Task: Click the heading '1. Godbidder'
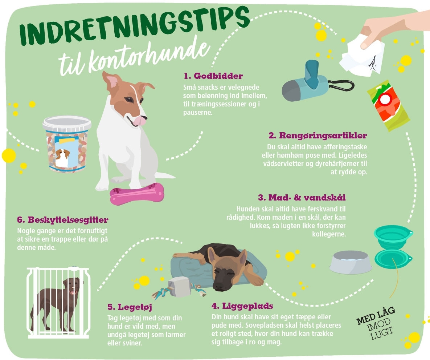[x=213, y=76]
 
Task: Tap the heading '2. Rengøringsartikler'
[x=318, y=135]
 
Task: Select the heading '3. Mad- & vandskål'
[x=302, y=198]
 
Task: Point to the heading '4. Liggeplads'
[x=242, y=306]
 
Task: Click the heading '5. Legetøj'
[x=130, y=307]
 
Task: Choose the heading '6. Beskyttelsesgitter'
[x=62, y=220]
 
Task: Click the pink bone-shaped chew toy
[x=137, y=194]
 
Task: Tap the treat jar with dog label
[x=67, y=144]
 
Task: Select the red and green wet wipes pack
[x=388, y=105]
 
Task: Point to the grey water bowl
[x=350, y=262]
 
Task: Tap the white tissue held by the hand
[x=362, y=57]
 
